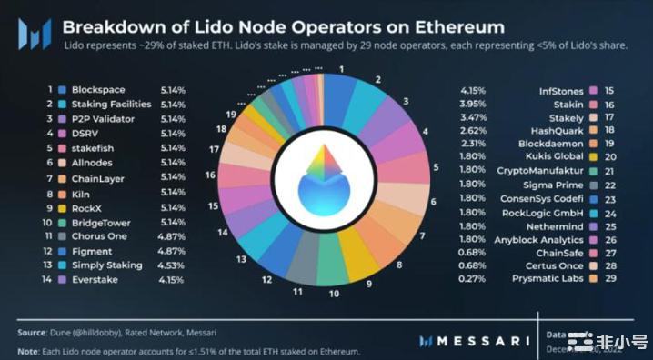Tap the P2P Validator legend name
coord(102,120)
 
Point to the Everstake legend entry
coord(95,280)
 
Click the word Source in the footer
coord(34,333)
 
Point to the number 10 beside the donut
coord(334,294)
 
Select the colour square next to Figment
coord(62,251)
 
